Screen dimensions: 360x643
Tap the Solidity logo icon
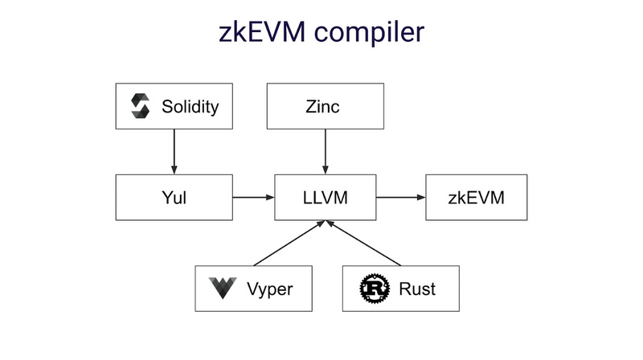[141, 106]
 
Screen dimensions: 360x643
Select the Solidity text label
[190, 106]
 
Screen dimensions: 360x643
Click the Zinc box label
[325, 106]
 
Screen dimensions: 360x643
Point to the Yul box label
[174, 197]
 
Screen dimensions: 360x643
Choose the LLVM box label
[325, 197]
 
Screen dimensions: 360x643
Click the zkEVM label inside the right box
[476, 197]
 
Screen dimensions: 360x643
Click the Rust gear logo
[374, 288]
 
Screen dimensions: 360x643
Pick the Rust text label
[416, 288]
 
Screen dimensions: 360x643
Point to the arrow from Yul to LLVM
[253, 197]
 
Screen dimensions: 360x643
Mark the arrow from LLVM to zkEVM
[399, 197]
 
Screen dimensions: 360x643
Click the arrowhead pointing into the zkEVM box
[420, 197]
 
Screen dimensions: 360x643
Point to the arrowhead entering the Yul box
[174, 170]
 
